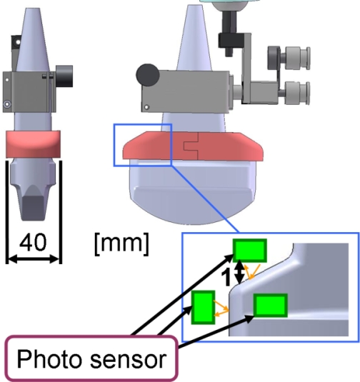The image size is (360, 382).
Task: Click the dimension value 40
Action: point(33,242)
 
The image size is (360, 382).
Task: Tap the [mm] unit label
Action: point(121,244)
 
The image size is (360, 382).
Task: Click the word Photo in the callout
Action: point(49,359)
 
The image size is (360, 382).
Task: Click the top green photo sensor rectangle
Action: point(249,251)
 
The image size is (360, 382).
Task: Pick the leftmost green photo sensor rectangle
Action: point(203,307)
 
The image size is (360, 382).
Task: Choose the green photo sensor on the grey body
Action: point(271,306)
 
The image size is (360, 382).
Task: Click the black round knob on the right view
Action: point(148,75)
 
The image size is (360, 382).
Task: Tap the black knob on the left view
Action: point(64,76)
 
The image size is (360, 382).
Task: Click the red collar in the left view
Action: point(33,144)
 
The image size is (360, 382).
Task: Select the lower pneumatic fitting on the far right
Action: point(297,94)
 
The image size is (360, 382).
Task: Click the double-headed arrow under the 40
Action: point(34,258)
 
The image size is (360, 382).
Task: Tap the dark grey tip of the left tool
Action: point(33,207)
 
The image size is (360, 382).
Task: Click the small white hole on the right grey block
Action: point(146,107)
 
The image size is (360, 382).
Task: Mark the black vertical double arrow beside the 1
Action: point(240,272)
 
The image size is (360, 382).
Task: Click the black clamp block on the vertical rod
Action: point(231,40)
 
